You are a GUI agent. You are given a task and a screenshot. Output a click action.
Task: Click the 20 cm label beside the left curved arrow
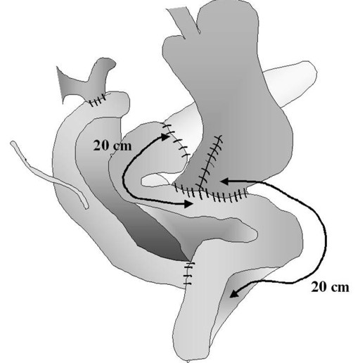click(112, 146)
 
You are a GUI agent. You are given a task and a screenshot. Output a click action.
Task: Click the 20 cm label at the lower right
click(330, 287)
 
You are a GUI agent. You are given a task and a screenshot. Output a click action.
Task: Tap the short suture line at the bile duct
click(98, 101)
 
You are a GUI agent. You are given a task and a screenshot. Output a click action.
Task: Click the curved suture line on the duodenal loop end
click(177, 140)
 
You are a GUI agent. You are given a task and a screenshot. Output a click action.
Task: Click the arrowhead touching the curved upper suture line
click(165, 136)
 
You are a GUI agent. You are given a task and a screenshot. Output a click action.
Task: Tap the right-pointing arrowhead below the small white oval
click(188, 204)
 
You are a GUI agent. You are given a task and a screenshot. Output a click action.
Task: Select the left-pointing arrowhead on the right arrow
click(224, 181)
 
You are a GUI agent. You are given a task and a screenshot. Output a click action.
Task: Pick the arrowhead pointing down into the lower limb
click(234, 293)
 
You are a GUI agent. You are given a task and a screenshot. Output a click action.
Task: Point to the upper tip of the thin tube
click(12, 142)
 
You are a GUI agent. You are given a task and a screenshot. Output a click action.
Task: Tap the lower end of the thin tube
click(86, 207)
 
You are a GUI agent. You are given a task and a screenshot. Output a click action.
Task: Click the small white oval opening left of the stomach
click(157, 180)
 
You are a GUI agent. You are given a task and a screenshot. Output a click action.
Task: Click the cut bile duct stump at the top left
click(86, 81)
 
